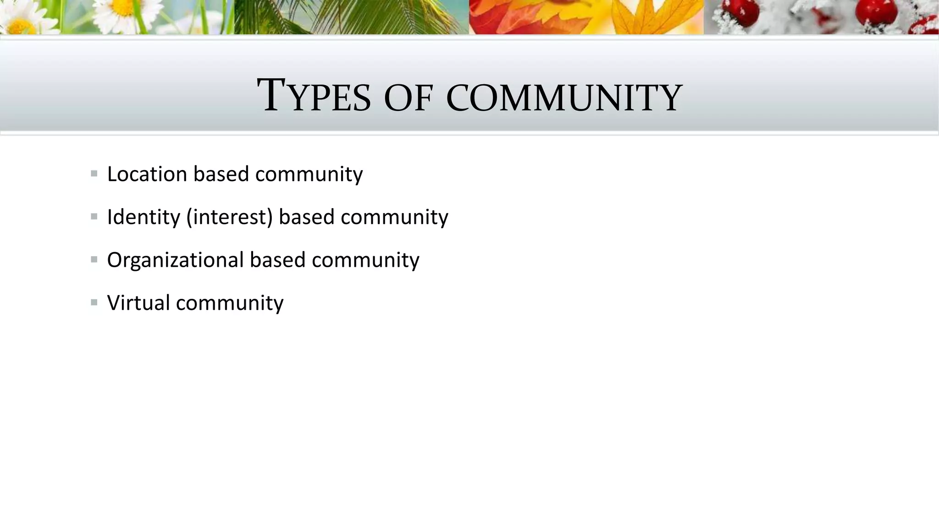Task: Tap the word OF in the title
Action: (408, 98)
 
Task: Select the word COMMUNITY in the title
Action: (564, 98)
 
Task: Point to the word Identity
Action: (144, 217)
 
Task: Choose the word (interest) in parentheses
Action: (229, 217)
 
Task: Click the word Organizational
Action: (175, 260)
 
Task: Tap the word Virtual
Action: (138, 303)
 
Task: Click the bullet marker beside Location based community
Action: (94, 174)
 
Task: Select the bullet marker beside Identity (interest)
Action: (94, 216)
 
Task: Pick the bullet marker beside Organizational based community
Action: (94, 259)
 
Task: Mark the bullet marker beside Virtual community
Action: (94, 302)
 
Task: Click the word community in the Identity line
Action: (394, 217)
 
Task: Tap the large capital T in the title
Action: (274, 95)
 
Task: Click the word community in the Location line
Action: (309, 175)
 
